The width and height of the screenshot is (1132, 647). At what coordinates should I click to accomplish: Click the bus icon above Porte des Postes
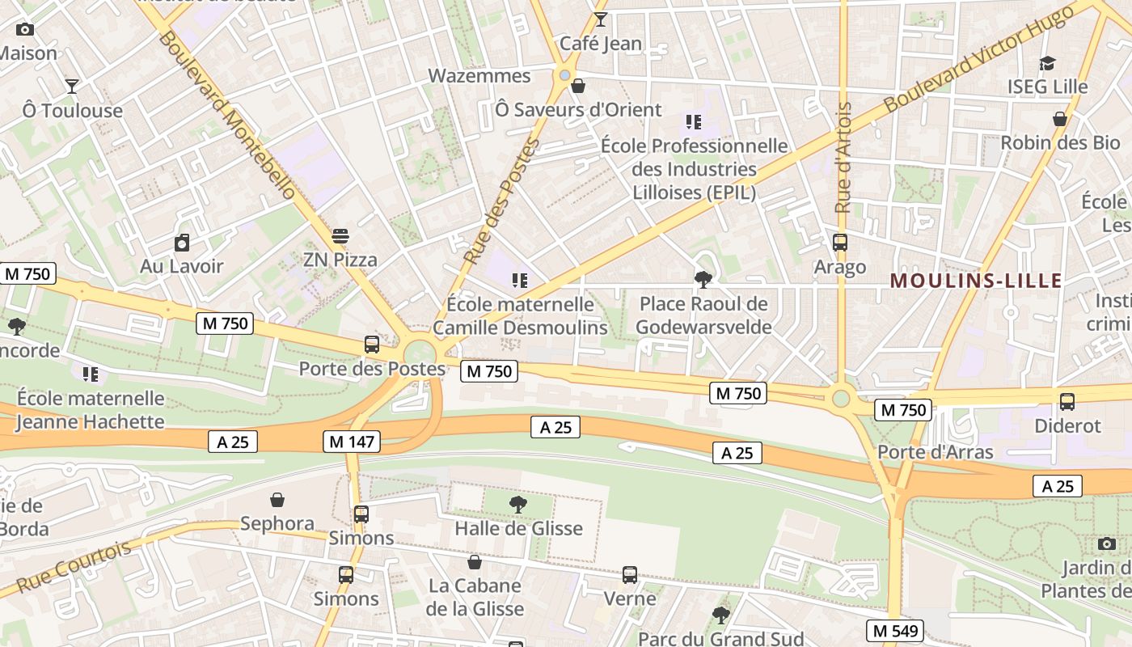pyautogui.click(x=372, y=345)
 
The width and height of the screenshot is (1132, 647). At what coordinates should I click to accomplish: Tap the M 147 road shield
pyautogui.click(x=351, y=442)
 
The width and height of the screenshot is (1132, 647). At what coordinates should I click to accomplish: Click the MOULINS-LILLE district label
pyautogui.click(x=975, y=281)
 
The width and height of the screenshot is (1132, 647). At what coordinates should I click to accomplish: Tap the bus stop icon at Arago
pyautogui.click(x=840, y=243)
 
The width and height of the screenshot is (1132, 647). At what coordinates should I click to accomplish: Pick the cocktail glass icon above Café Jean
pyautogui.click(x=600, y=19)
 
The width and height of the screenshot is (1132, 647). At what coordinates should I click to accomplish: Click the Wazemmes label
pyautogui.click(x=479, y=76)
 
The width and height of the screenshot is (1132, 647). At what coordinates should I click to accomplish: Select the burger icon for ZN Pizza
pyautogui.click(x=340, y=236)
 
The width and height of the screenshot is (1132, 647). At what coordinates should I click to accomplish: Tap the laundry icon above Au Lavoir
pyautogui.click(x=182, y=243)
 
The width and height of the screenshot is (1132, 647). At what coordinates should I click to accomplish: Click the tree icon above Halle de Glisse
pyautogui.click(x=518, y=505)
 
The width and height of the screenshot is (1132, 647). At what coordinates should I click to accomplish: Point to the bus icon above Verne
pyautogui.click(x=630, y=575)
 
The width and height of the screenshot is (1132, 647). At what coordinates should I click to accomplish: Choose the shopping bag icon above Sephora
pyautogui.click(x=277, y=500)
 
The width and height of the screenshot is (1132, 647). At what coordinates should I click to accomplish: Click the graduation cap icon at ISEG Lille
pyautogui.click(x=1047, y=63)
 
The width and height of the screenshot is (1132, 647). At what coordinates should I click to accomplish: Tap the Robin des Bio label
pyautogui.click(x=1060, y=143)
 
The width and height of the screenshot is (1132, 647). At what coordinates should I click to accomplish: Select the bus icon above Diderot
pyautogui.click(x=1067, y=402)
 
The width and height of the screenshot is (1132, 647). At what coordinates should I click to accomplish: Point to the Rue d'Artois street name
pyautogui.click(x=843, y=158)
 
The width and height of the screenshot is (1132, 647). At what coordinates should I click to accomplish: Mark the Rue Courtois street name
pyautogui.click(x=74, y=566)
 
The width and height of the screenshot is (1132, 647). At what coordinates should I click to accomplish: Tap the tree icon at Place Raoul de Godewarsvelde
pyautogui.click(x=703, y=280)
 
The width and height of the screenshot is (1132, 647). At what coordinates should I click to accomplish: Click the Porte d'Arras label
pyautogui.click(x=936, y=452)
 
